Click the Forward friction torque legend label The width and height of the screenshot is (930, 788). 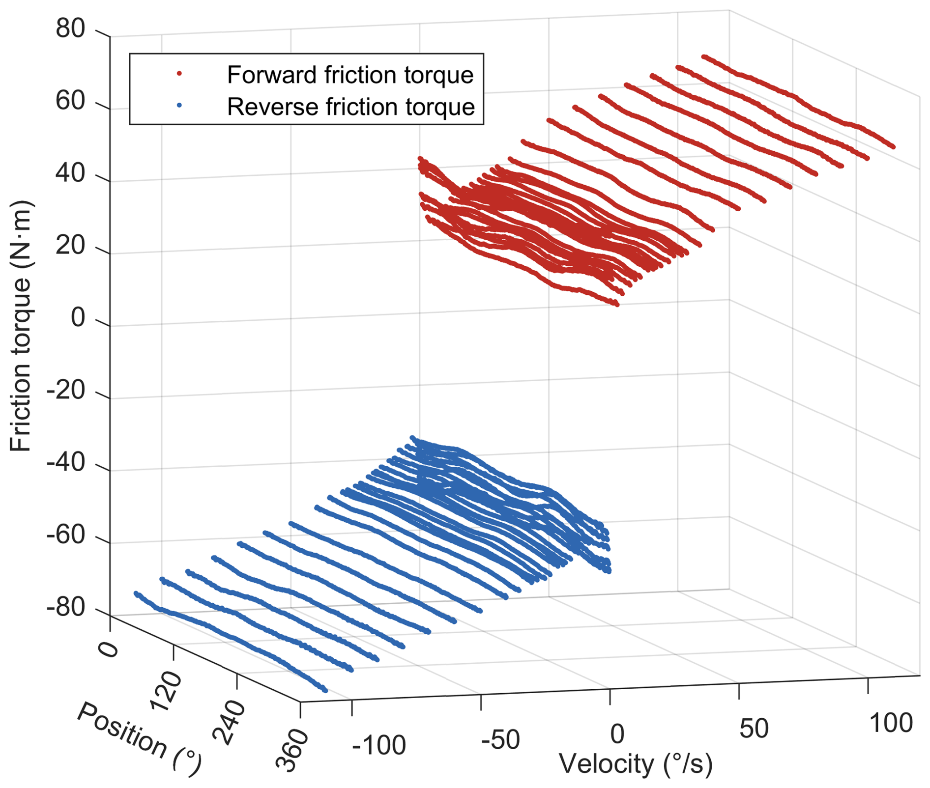(350, 75)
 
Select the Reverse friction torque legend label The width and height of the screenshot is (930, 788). (351, 107)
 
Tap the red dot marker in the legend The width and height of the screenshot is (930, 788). (179, 74)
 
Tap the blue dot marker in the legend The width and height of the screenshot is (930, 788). (179, 106)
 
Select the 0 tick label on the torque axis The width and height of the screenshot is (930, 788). (78, 318)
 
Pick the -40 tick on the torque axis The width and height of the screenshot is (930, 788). (66, 463)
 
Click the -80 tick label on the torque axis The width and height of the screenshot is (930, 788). (66, 608)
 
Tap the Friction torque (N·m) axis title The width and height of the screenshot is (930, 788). (21, 326)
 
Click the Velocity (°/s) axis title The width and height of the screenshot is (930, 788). (636, 764)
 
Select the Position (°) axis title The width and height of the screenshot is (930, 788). (139, 739)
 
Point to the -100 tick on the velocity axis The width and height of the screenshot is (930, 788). (379, 745)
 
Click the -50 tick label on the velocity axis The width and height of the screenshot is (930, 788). (500, 739)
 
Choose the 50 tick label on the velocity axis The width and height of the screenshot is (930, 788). (754, 729)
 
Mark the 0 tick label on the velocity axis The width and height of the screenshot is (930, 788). (617, 734)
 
